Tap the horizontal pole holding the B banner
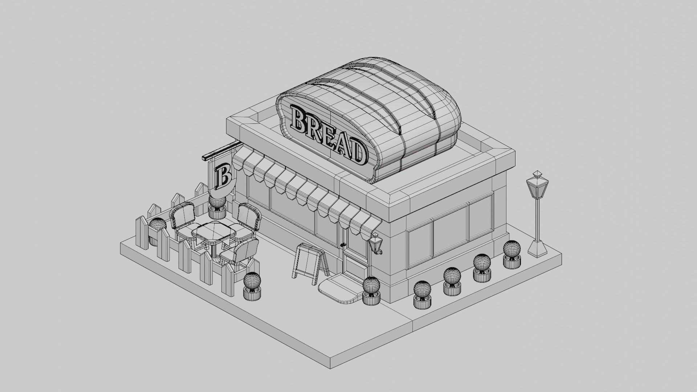[221, 150]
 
